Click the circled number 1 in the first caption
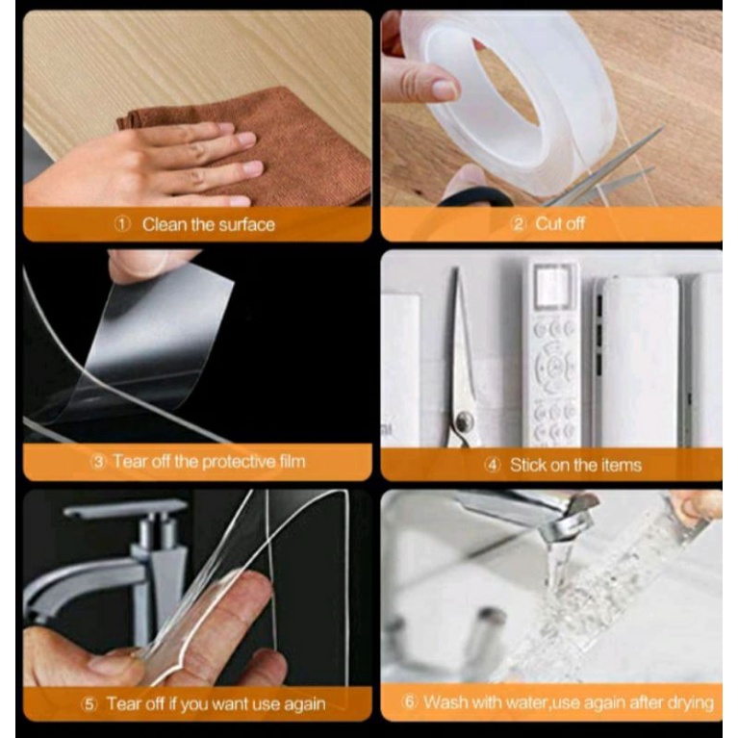[x=122, y=224]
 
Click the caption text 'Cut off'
[x=560, y=223]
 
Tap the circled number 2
[x=519, y=224]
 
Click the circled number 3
[x=98, y=461]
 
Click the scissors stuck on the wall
[x=461, y=363]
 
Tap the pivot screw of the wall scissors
[x=466, y=420]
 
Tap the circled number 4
[x=493, y=466]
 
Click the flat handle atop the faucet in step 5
[x=125, y=509]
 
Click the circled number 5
[x=89, y=704]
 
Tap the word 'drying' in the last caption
[x=693, y=702]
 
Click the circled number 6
[x=410, y=701]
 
